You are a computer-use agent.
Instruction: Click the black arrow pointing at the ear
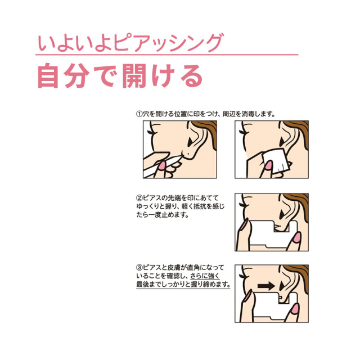click(266, 286)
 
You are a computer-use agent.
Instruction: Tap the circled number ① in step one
click(139, 114)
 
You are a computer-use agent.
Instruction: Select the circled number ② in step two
click(139, 198)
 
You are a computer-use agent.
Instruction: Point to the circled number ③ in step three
click(139, 267)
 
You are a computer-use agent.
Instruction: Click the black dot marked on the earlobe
click(188, 153)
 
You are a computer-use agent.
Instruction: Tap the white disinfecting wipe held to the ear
click(275, 161)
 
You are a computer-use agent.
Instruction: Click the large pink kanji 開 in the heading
click(134, 75)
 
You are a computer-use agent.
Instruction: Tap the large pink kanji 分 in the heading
click(76, 75)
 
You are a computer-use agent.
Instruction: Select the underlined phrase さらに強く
click(205, 276)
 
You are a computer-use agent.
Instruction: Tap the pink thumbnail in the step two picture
click(296, 238)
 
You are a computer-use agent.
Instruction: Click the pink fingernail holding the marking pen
click(161, 166)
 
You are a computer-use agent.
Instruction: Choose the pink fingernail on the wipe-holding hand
click(268, 166)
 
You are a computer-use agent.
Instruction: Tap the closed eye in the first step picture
click(150, 133)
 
